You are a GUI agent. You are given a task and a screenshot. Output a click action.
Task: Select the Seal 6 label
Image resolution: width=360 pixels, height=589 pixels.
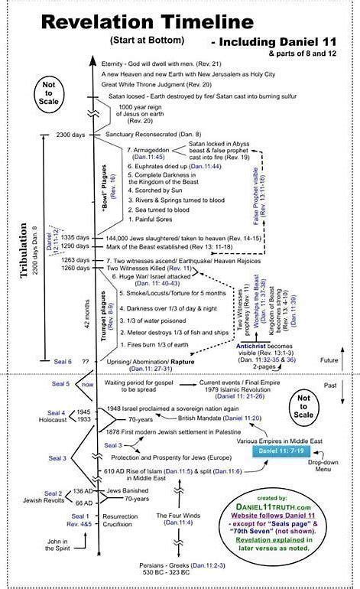point(63,360)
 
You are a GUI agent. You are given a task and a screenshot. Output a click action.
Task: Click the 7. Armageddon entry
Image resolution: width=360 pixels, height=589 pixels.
point(150,151)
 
